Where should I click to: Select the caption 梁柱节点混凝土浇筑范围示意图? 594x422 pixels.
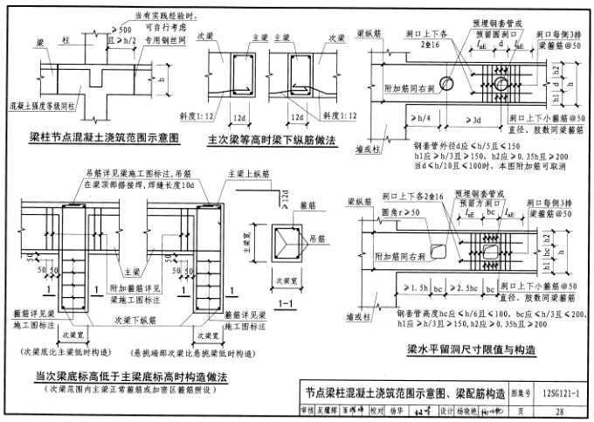[x=102, y=137]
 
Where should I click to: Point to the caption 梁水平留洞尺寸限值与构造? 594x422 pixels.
[x=471, y=349]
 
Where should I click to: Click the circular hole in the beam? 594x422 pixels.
[x=447, y=84]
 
